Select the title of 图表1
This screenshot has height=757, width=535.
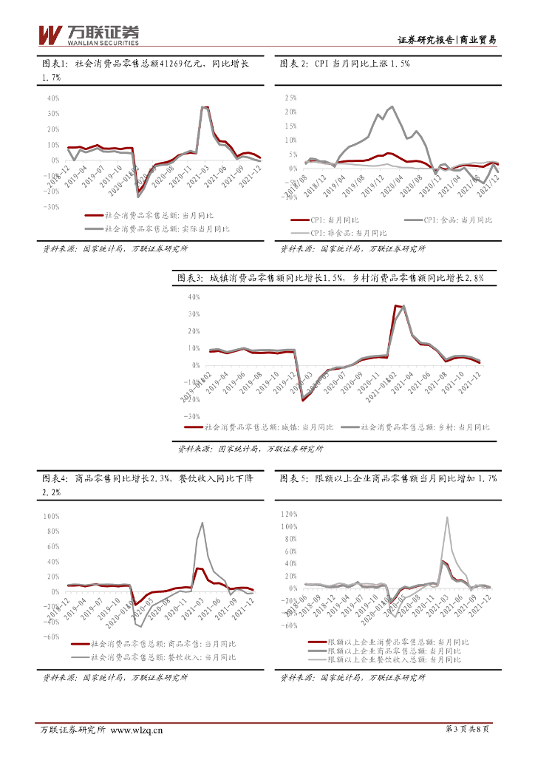tap(145, 64)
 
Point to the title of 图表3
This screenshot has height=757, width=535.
tap(330, 278)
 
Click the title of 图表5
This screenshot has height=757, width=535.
tap(389, 479)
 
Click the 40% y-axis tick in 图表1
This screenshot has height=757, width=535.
tap(53, 98)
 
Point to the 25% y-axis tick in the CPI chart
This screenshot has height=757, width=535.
tap(289, 98)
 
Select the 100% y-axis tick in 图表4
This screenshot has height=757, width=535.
tap(52, 517)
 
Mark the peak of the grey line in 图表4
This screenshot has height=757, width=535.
tap(202, 523)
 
